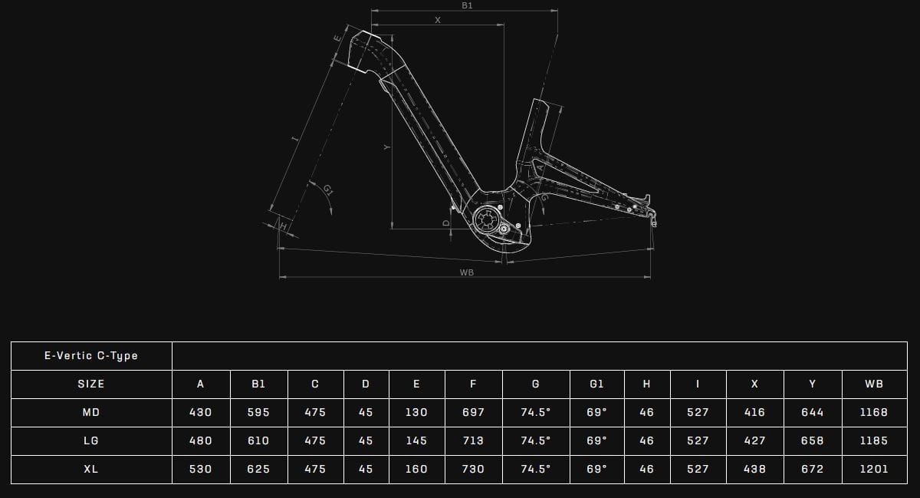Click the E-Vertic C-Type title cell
point(91,355)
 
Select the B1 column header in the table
point(258,384)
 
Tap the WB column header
point(874,384)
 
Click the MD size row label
point(91,412)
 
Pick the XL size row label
point(91,469)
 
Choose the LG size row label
point(91,440)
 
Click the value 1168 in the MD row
point(874,412)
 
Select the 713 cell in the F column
point(473,440)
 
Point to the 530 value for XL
point(200,469)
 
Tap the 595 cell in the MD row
point(258,412)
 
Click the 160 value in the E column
point(416,469)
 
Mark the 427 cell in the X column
point(754,440)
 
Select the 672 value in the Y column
point(812,469)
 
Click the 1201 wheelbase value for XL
point(874,469)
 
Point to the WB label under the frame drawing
point(466,272)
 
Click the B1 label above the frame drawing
point(467,5)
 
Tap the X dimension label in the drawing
point(438,20)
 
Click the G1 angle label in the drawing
point(328,190)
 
